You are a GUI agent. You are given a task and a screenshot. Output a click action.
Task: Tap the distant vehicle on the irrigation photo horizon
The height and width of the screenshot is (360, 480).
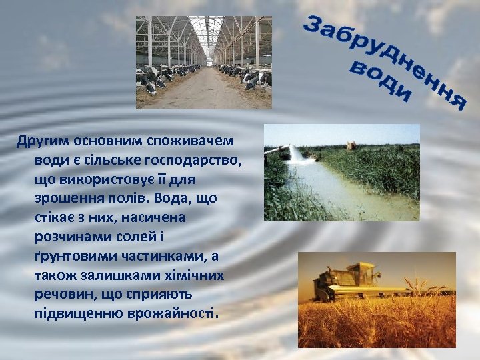click(x=350, y=144)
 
